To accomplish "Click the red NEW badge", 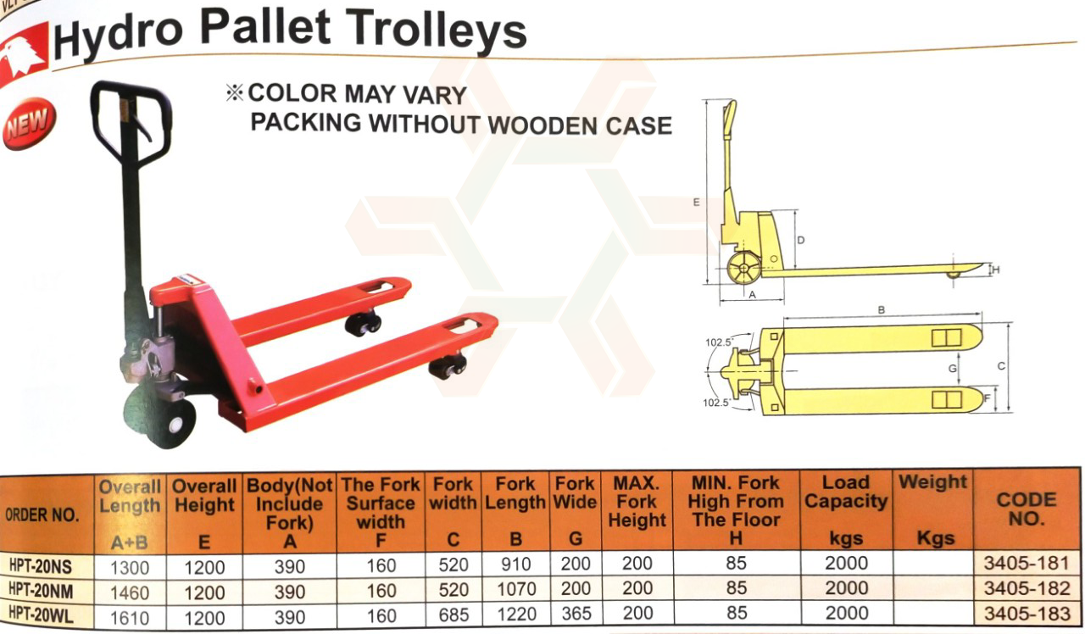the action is click(30, 123).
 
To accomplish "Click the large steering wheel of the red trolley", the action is click(160, 420).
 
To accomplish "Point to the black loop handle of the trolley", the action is click(131, 124).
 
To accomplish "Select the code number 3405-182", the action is click(1027, 588).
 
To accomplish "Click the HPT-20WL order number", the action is click(42, 615).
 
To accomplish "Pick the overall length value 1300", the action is click(130, 567).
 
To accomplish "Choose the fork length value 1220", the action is click(516, 615).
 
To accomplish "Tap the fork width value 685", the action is click(453, 615).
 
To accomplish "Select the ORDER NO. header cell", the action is click(42, 514).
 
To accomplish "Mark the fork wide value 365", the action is click(576, 614).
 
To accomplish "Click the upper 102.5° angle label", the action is click(719, 342).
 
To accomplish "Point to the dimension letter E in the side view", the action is click(696, 202).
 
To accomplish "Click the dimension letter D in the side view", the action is click(801, 240).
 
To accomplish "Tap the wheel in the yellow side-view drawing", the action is click(743, 269).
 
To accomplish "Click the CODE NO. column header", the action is click(1027, 509).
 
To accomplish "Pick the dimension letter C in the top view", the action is click(1001, 367).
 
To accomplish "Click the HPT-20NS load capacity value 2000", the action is click(846, 563).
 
